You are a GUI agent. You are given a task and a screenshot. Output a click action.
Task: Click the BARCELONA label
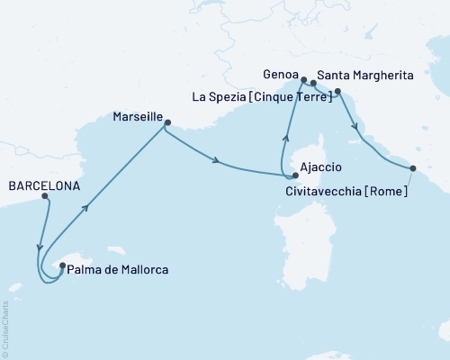(x=42, y=186)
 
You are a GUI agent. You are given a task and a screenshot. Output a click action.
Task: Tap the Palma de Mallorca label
(x=119, y=269)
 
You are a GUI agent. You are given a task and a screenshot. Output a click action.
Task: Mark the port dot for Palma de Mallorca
(x=62, y=265)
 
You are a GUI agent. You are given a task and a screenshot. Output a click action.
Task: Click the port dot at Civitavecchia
(x=413, y=168)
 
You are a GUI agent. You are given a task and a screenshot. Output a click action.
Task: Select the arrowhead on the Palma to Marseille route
(x=87, y=207)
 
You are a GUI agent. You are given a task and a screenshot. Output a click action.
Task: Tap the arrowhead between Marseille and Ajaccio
(x=217, y=161)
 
